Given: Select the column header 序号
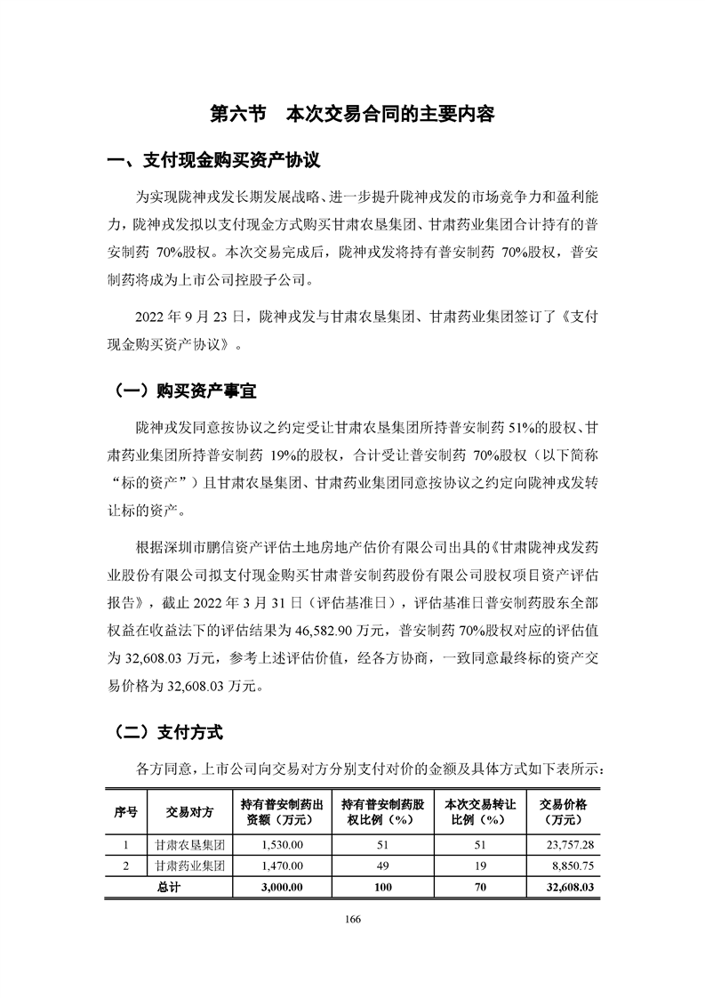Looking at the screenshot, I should [126, 811].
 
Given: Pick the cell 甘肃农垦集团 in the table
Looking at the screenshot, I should [187, 843].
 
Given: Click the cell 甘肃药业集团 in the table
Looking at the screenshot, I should [187, 865].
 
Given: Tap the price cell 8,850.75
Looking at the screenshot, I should [575, 865].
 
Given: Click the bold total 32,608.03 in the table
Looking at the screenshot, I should [572, 887].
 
